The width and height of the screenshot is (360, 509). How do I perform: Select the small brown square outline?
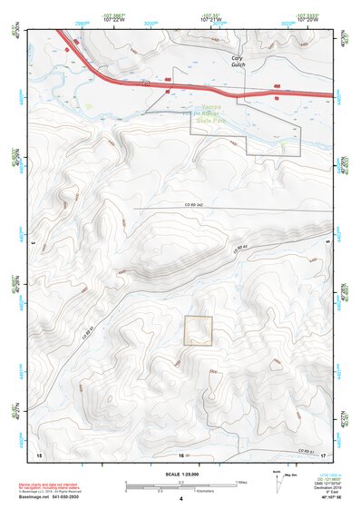pos(198,330)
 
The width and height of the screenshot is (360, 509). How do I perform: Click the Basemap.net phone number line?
pos(50,499)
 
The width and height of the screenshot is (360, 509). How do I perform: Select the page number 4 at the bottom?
pos(180,499)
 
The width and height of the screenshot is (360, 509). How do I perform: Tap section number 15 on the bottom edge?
pos(39,455)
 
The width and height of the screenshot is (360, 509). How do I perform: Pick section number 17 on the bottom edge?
pos(323,455)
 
